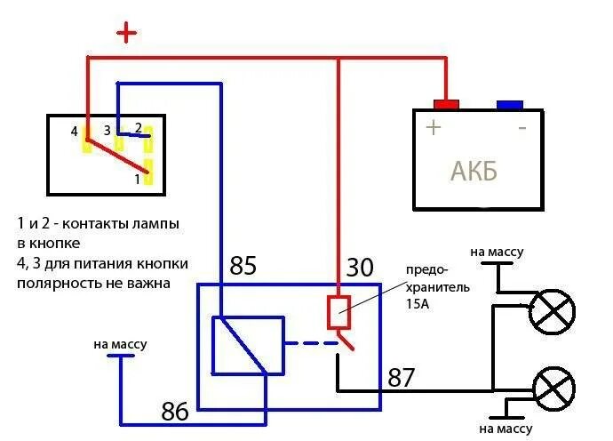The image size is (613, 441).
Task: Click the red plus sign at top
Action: click(x=128, y=34)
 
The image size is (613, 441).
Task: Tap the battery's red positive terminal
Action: click(x=445, y=104)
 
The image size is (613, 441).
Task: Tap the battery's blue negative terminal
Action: click(x=509, y=104)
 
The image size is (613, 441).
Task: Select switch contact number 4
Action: click(x=86, y=137)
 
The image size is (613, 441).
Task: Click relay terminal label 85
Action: click(x=243, y=266)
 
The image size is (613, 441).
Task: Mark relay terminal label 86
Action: click(x=175, y=411)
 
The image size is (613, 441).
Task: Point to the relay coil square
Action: click(x=246, y=344)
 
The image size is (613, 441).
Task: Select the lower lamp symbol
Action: click(x=552, y=389)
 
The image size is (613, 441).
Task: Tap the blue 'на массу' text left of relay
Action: click(x=119, y=344)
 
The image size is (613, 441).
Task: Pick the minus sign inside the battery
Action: click(x=521, y=127)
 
